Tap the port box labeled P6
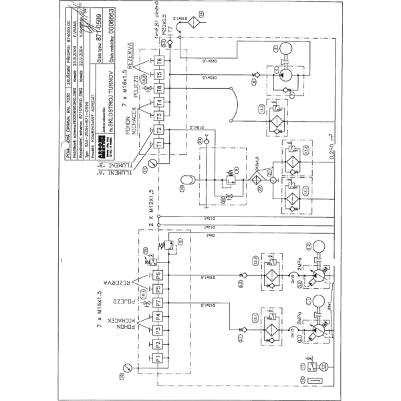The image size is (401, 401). (158, 275)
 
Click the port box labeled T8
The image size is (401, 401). (159, 88)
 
